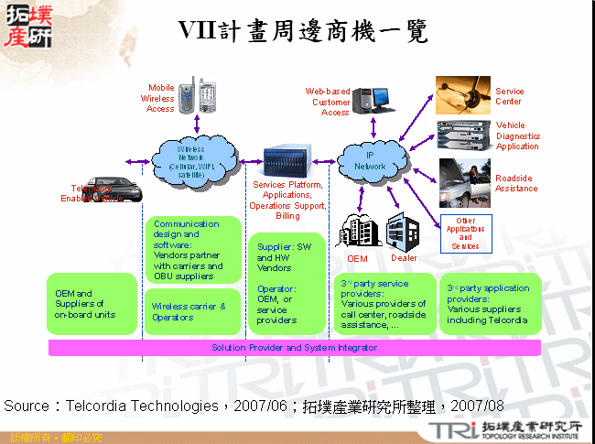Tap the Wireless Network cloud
pos(193,160)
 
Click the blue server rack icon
pos(287,161)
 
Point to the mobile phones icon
pos(198,95)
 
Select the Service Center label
pos(510,96)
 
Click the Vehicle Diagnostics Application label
pos(517,135)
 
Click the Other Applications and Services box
pos(465,233)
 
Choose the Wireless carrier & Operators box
pos(188,311)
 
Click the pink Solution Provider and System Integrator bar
pos(294,348)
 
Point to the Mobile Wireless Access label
pos(159,98)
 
